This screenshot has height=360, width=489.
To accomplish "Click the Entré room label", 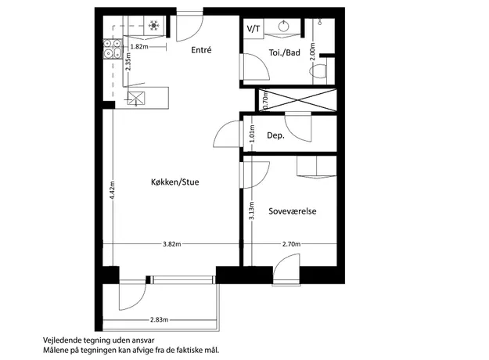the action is [201, 50].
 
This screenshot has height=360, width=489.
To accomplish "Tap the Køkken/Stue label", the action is [175, 182].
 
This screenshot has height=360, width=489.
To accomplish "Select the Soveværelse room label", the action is [293, 211].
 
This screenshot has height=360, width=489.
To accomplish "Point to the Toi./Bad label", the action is [285, 52].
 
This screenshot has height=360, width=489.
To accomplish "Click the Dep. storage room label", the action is [275, 135].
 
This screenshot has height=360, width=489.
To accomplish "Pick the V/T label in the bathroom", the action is [253, 29].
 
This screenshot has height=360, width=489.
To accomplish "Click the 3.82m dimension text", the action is [172, 244].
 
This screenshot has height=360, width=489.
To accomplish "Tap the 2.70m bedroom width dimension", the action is [292, 244].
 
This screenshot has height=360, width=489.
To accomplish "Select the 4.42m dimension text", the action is [113, 189].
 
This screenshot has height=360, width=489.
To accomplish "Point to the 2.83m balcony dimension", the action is [159, 319].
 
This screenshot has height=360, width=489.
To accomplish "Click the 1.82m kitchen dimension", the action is [139, 47].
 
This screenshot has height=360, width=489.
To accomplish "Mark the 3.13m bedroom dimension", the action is [252, 211].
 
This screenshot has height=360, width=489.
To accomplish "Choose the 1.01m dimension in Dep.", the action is [252, 134].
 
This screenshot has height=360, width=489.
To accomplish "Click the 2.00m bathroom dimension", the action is [314, 51].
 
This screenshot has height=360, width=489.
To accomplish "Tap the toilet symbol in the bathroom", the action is [318, 71].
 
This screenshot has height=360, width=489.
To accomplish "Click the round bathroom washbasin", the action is [283, 26].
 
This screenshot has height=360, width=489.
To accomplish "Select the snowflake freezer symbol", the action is [154, 25].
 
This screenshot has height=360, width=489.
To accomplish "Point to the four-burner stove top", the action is [112, 49].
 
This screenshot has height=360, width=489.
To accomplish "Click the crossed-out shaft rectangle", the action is [297, 100].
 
